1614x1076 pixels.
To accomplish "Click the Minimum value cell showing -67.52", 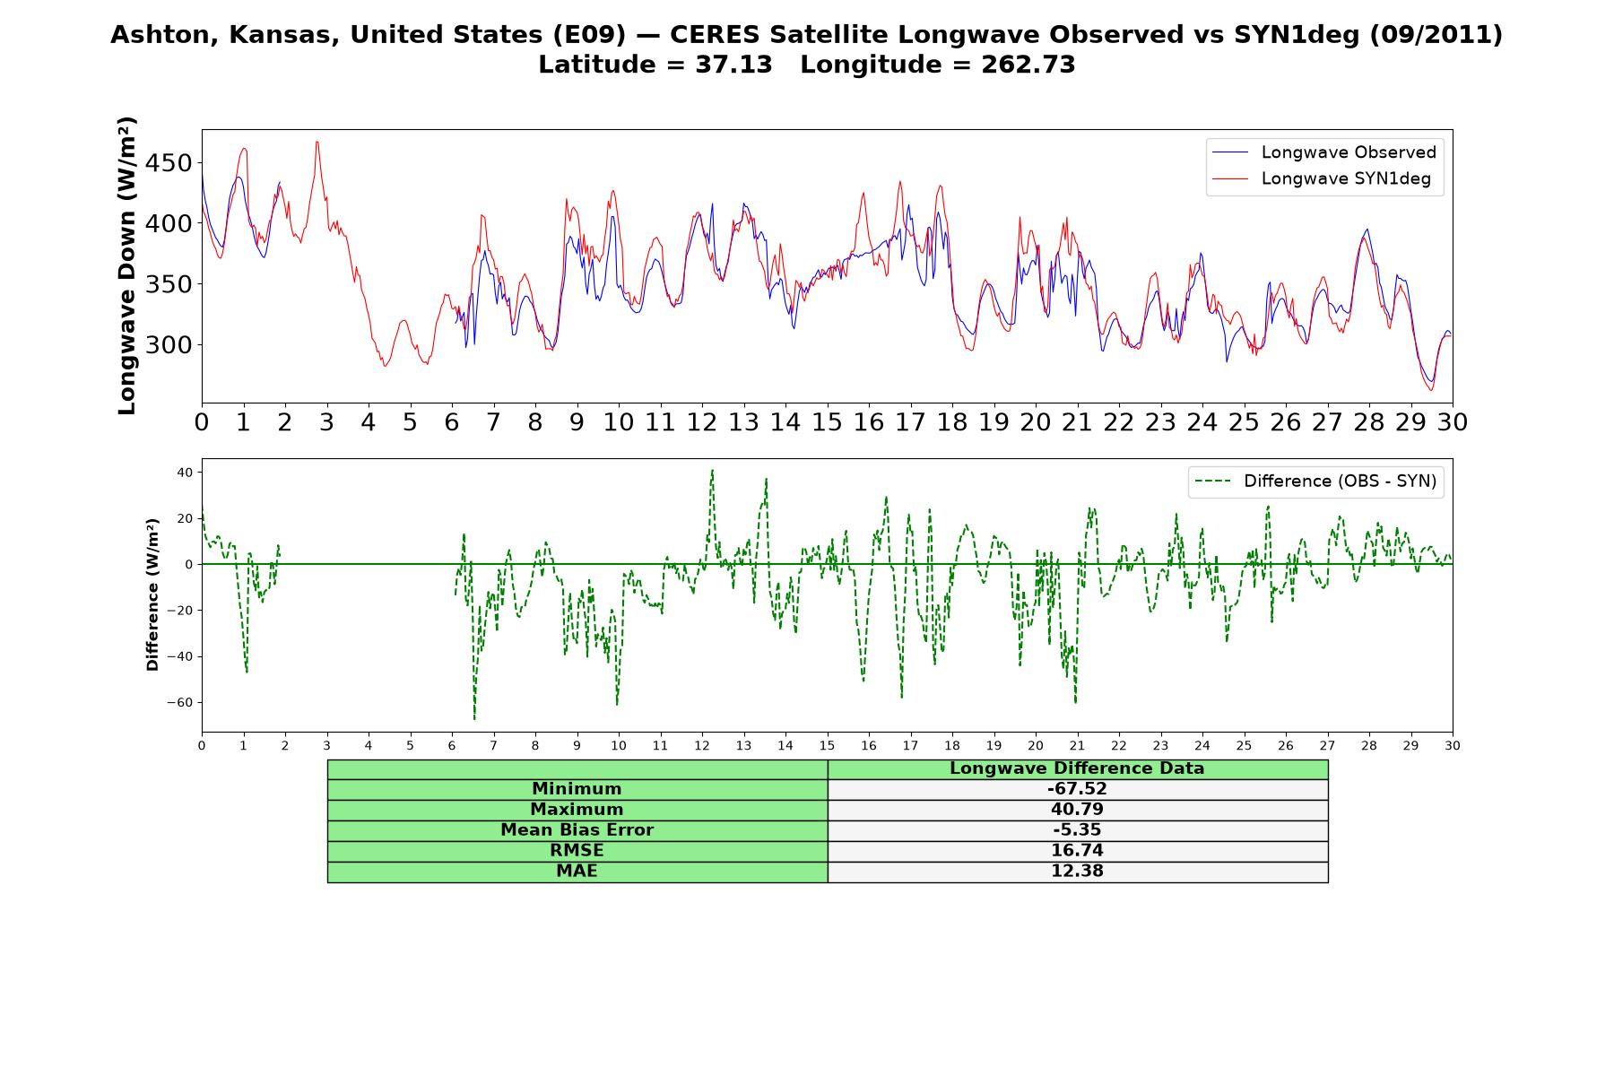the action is (x=1077, y=789).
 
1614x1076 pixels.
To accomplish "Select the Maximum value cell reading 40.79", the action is (x=1077, y=810).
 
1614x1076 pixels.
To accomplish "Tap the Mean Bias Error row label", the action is (x=577, y=830).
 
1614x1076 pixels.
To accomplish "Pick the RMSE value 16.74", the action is (x=1077, y=851).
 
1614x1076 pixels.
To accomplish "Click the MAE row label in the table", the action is (x=577, y=872).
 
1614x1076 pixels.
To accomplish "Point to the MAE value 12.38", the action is (x=1077, y=872).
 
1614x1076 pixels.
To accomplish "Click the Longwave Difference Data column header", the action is (x=1077, y=768).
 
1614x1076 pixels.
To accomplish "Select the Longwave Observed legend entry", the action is (x=1324, y=152).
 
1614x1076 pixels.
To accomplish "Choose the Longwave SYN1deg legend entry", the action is (x=1322, y=178).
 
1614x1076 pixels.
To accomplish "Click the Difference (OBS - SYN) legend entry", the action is (x=1315, y=482).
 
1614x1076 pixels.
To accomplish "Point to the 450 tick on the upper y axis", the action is (x=169, y=163).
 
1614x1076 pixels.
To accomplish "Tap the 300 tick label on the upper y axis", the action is (x=169, y=345).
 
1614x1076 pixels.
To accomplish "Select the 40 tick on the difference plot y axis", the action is (x=185, y=473).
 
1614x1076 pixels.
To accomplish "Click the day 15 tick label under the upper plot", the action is (x=827, y=422).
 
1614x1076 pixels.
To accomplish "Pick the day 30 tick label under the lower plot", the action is (x=1452, y=746).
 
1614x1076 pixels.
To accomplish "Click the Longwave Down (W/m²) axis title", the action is (x=127, y=265).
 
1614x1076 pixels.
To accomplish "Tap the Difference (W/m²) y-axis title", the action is (x=152, y=594).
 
